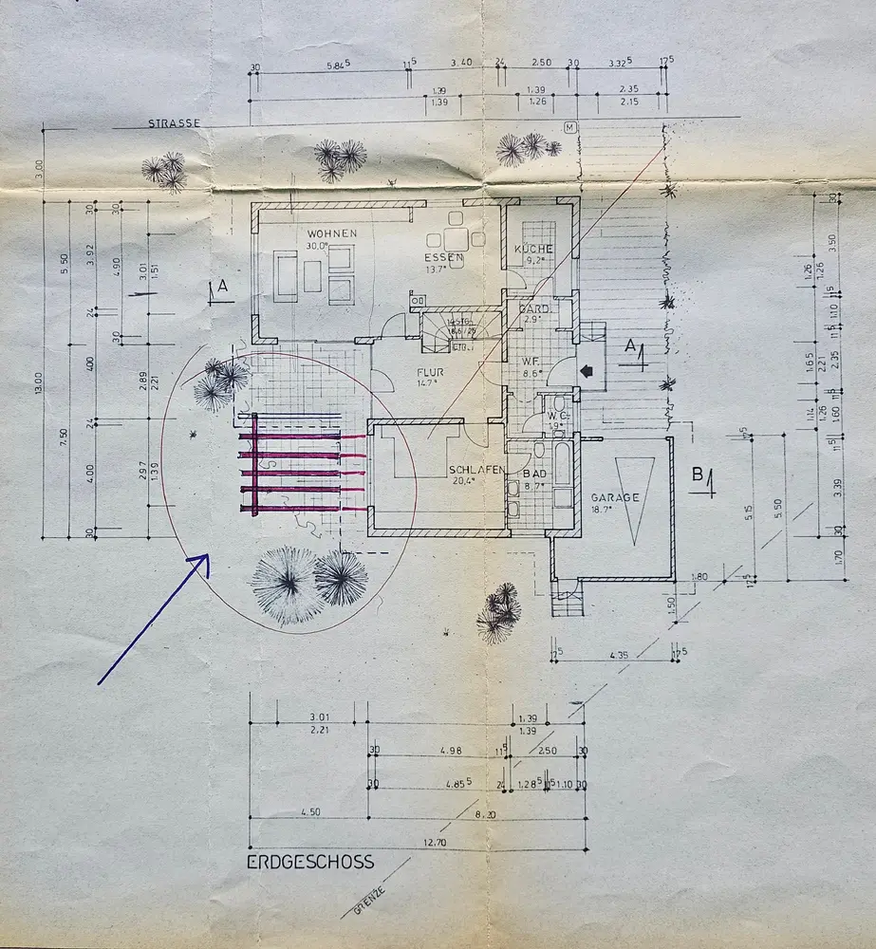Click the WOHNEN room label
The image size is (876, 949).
point(331,233)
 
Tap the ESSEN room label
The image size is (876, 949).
point(443,257)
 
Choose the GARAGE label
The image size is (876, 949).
point(615,497)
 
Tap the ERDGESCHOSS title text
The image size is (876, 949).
point(310,863)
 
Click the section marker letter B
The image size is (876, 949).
point(698,475)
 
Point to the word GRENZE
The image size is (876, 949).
point(366,895)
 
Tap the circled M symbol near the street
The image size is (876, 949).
point(570,127)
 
